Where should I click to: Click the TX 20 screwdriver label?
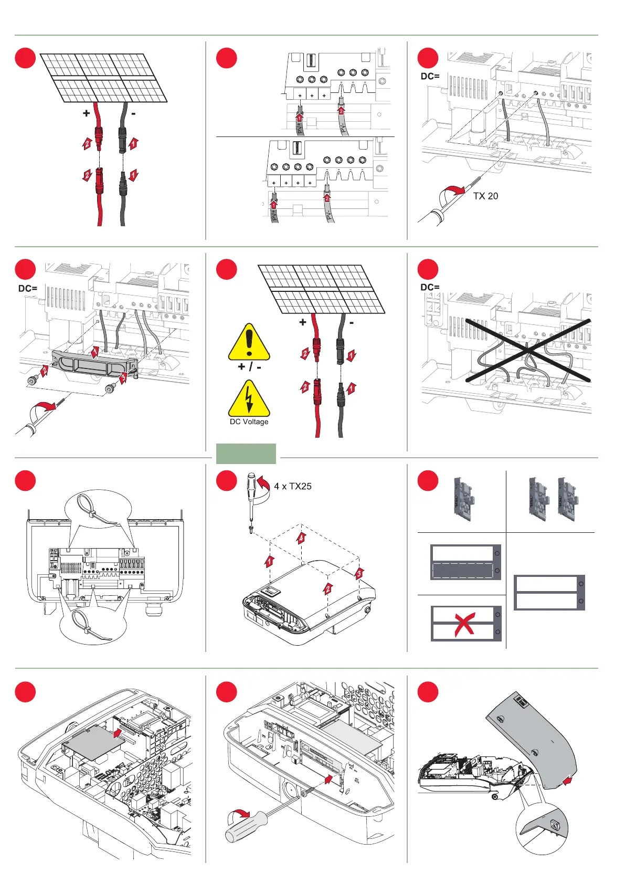(x=485, y=196)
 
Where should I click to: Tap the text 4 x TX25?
(x=292, y=486)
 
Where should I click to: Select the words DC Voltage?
(x=249, y=422)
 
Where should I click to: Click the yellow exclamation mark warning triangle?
(x=249, y=343)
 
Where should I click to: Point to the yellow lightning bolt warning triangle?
(x=249, y=400)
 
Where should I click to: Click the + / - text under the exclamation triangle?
(x=249, y=366)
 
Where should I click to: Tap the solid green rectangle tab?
(x=246, y=454)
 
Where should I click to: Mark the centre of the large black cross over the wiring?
(x=527, y=350)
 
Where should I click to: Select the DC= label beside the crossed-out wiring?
(x=430, y=287)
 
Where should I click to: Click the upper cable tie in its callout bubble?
(x=97, y=508)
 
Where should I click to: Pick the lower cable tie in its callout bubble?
(x=93, y=625)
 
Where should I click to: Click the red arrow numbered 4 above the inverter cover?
(x=301, y=538)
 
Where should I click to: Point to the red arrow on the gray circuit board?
(x=117, y=732)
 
